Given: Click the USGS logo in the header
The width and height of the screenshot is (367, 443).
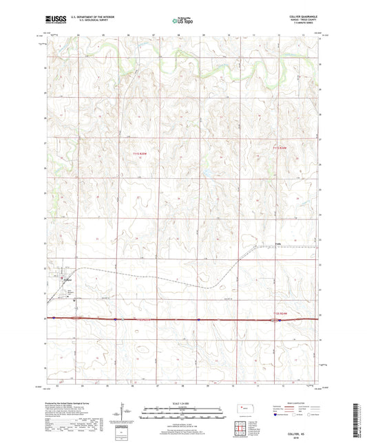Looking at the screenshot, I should pyautogui.click(x=51, y=21).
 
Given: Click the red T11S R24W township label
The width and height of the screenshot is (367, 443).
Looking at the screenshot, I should pyautogui.click(x=279, y=147).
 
